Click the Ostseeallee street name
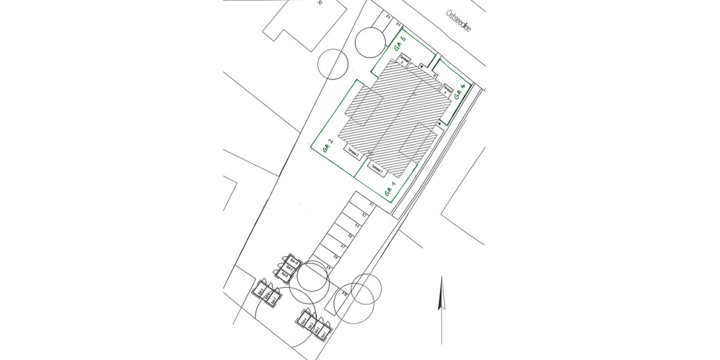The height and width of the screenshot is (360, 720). coord(458,29)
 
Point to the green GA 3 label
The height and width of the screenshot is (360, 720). coord(400,45)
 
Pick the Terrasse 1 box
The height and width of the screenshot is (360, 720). coord(377,169)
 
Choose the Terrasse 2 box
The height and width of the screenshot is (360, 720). coord(354,154)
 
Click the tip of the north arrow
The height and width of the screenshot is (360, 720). coord(442,278)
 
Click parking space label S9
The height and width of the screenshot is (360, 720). coord(329,267)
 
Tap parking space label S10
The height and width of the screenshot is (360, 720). coord(344,293)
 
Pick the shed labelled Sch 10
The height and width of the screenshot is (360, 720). coord(294,260)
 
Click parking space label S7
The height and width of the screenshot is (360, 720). coord(343,247)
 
